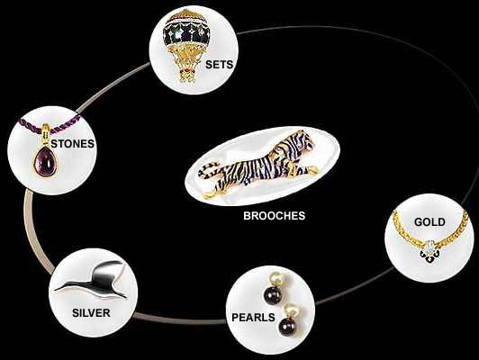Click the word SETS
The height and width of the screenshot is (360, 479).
[x=219, y=65]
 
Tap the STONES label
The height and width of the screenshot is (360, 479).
[x=72, y=143]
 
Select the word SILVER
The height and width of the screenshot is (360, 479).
[x=91, y=312]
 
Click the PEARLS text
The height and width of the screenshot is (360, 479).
[x=253, y=318]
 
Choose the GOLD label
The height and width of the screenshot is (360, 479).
[x=429, y=221]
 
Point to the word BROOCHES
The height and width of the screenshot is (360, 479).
[x=274, y=216]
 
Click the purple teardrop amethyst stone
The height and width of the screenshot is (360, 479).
[x=45, y=161]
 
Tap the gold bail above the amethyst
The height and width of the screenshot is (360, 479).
[x=46, y=133]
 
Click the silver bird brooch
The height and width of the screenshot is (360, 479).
[x=91, y=280]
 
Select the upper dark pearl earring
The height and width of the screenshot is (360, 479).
[x=272, y=293]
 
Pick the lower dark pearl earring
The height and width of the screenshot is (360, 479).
[x=287, y=327]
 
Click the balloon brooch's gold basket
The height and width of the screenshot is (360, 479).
[x=186, y=76]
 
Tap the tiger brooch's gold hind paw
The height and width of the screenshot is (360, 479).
[x=210, y=194]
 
